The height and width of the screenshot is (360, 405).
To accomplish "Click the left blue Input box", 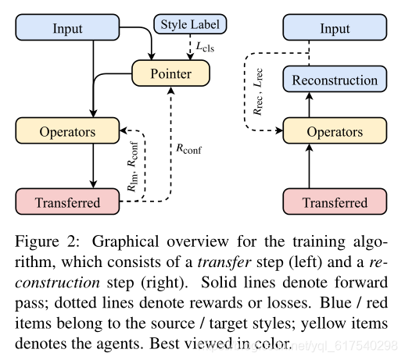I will pyautogui.click(x=67, y=29).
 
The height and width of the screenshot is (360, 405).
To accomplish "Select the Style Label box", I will pyautogui.click(x=190, y=24).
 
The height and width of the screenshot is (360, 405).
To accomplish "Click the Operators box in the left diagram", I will pyautogui.click(x=67, y=133).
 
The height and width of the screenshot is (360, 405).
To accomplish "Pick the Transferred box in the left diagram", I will pyautogui.click(x=67, y=202).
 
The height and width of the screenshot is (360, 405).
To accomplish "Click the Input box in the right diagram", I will pyautogui.click(x=335, y=29).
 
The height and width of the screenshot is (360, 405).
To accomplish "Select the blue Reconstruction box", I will pyautogui.click(x=335, y=80).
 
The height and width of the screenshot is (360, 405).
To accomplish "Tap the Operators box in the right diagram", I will pyautogui.click(x=335, y=133).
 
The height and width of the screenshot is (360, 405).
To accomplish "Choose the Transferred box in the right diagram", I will pyautogui.click(x=335, y=202).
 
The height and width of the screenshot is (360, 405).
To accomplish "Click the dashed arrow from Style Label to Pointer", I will pyautogui.click(x=190, y=48).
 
